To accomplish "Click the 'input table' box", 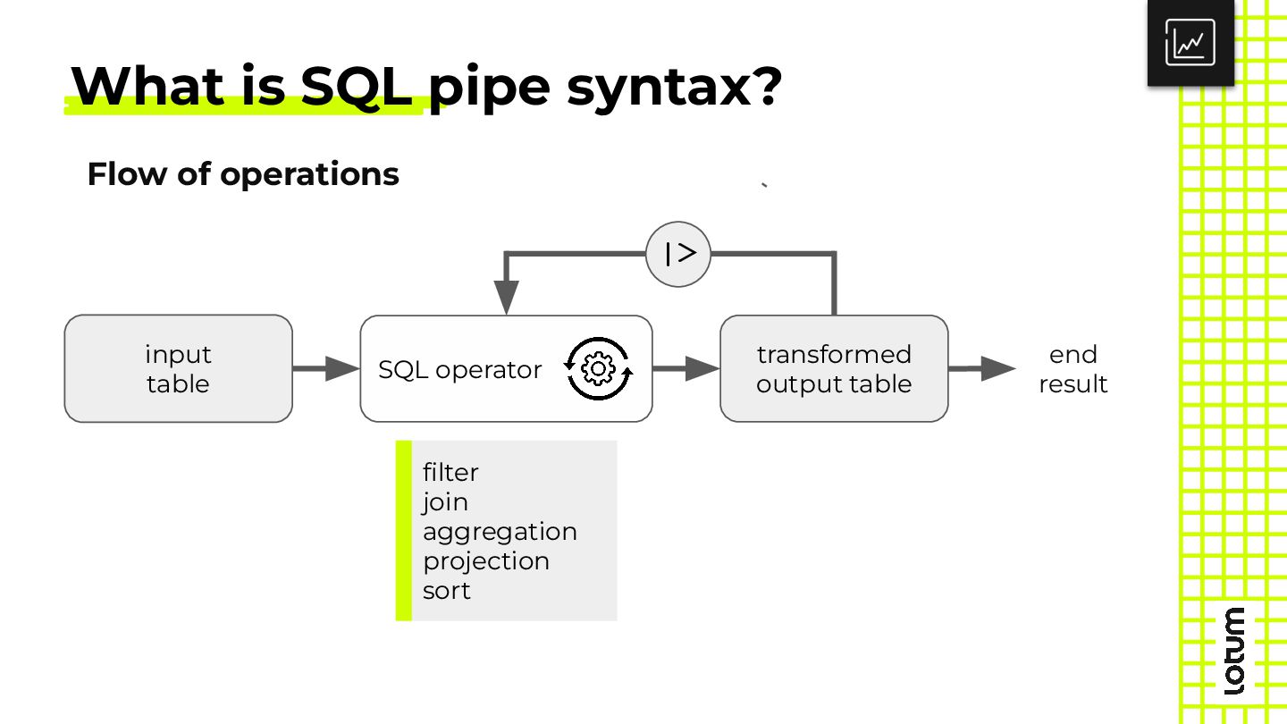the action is (x=178, y=368).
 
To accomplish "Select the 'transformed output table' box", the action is (x=834, y=368).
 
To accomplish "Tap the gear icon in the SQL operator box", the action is (x=598, y=368).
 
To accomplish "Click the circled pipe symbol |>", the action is (x=678, y=254).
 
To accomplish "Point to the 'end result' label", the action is (x=1072, y=369).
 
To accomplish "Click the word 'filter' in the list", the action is (x=450, y=472).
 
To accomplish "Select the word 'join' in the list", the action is (x=445, y=502).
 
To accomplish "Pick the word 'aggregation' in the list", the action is (x=500, y=532).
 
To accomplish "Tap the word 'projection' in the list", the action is (x=486, y=561).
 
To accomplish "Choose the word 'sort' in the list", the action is (x=447, y=591).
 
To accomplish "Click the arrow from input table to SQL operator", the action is (x=325, y=368).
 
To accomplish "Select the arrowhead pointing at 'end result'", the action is (x=998, y=368).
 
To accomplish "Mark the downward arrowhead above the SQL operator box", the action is (x=506, y=297).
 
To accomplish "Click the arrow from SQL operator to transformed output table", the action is (x=686, y=368).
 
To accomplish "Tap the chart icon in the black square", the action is (x=1190, y=43).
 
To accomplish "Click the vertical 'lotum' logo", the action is (x=1233, y=651).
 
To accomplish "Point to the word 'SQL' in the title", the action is (x=357, y=86).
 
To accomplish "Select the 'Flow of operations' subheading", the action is (x=243, y=174).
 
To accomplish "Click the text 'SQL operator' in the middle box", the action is (x=459, y=369).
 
